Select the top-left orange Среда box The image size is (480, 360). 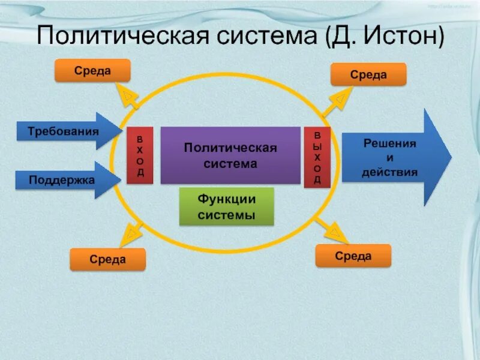[92, 71]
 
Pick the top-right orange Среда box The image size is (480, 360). [368, 74]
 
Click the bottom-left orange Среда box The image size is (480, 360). [107, 259]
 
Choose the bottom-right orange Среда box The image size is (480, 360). [353, 256]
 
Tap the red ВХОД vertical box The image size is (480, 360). [139, 155]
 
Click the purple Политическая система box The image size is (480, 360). [230, 155]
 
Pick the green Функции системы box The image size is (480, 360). [227, 206]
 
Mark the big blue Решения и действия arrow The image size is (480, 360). [393, 157]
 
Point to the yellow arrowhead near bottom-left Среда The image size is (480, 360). [130, 235]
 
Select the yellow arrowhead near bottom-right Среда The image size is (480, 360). [334, 233]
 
